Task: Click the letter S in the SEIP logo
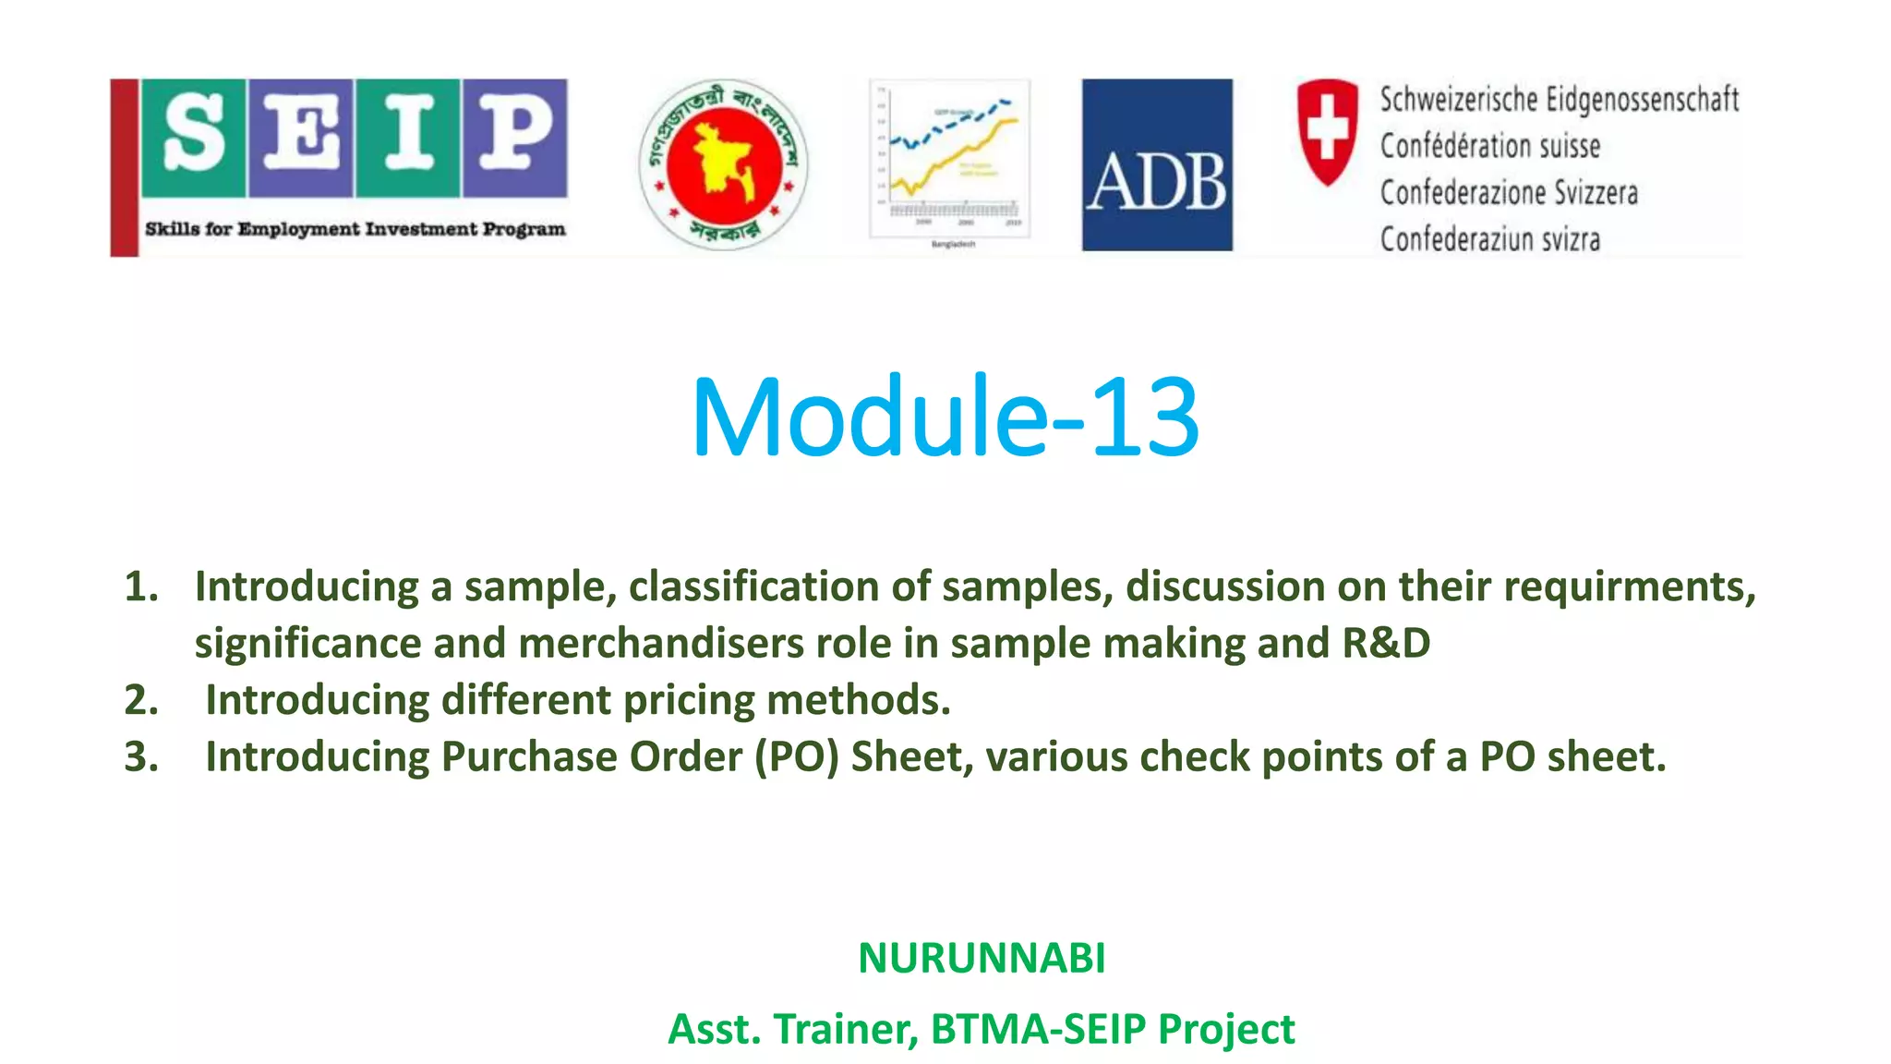point(195,136)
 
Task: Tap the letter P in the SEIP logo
point(514,136)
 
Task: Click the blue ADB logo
point(1157,165)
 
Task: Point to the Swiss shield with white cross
point(1327,130)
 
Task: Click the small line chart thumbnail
point(949,160)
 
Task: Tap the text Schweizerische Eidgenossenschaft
point(1559,100)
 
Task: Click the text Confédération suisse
point(1489,146)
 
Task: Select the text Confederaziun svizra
point(1489,239)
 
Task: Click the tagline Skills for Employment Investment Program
point(355,229)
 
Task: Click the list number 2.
point(141,700)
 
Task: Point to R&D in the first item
point(1385,644)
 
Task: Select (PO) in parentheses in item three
point(796,757)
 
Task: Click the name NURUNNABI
point(982,958)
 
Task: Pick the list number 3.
point(141,757)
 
